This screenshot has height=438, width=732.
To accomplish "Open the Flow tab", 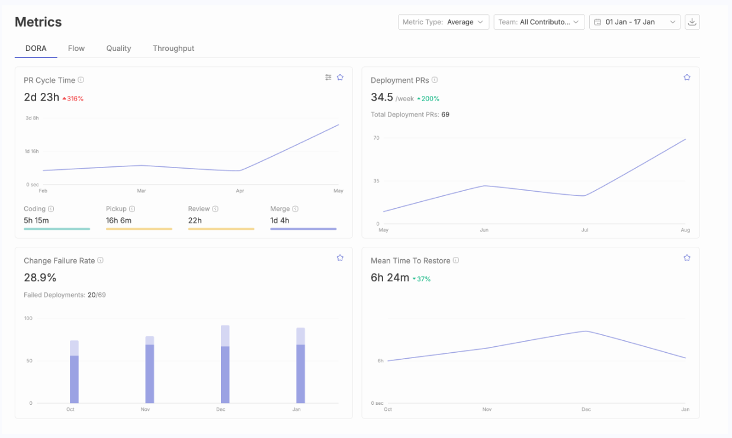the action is (76, 49).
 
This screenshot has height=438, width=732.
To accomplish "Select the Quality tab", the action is (118, 49).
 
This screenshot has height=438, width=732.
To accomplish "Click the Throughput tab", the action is (174, 49).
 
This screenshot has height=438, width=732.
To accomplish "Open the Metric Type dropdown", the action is (444, 22).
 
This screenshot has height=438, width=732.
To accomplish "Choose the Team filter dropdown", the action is (539, 22).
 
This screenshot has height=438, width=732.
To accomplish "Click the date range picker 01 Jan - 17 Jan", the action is (635, 22).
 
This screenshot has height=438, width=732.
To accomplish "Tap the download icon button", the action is (692, 22).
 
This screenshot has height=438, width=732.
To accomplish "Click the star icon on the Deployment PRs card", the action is (687, 78).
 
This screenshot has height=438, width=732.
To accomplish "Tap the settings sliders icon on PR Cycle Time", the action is (328, 78).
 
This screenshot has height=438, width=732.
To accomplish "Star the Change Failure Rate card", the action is (340, 258).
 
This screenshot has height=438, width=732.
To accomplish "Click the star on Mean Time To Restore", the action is (687, 258).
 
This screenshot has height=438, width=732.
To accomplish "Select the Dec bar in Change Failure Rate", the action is (225, 364).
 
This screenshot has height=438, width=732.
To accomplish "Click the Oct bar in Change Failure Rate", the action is (74, 372).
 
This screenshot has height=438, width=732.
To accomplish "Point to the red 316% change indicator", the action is (73, 99).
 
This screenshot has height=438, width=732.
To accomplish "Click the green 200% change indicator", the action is (428, 99).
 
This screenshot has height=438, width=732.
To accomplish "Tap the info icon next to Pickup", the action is (132, 209).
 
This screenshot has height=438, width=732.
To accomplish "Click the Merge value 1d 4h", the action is (280, 220).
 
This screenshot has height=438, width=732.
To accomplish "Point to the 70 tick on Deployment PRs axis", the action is (376, 138).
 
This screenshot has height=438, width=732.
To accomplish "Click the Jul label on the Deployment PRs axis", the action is (585, 230).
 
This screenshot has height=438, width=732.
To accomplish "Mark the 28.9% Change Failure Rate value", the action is (40, 278).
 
